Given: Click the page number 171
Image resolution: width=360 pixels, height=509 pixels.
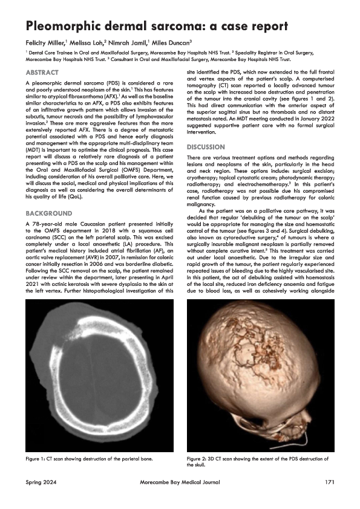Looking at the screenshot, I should [329, 481].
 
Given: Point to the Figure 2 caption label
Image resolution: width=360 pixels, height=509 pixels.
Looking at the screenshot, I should [201, 459].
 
